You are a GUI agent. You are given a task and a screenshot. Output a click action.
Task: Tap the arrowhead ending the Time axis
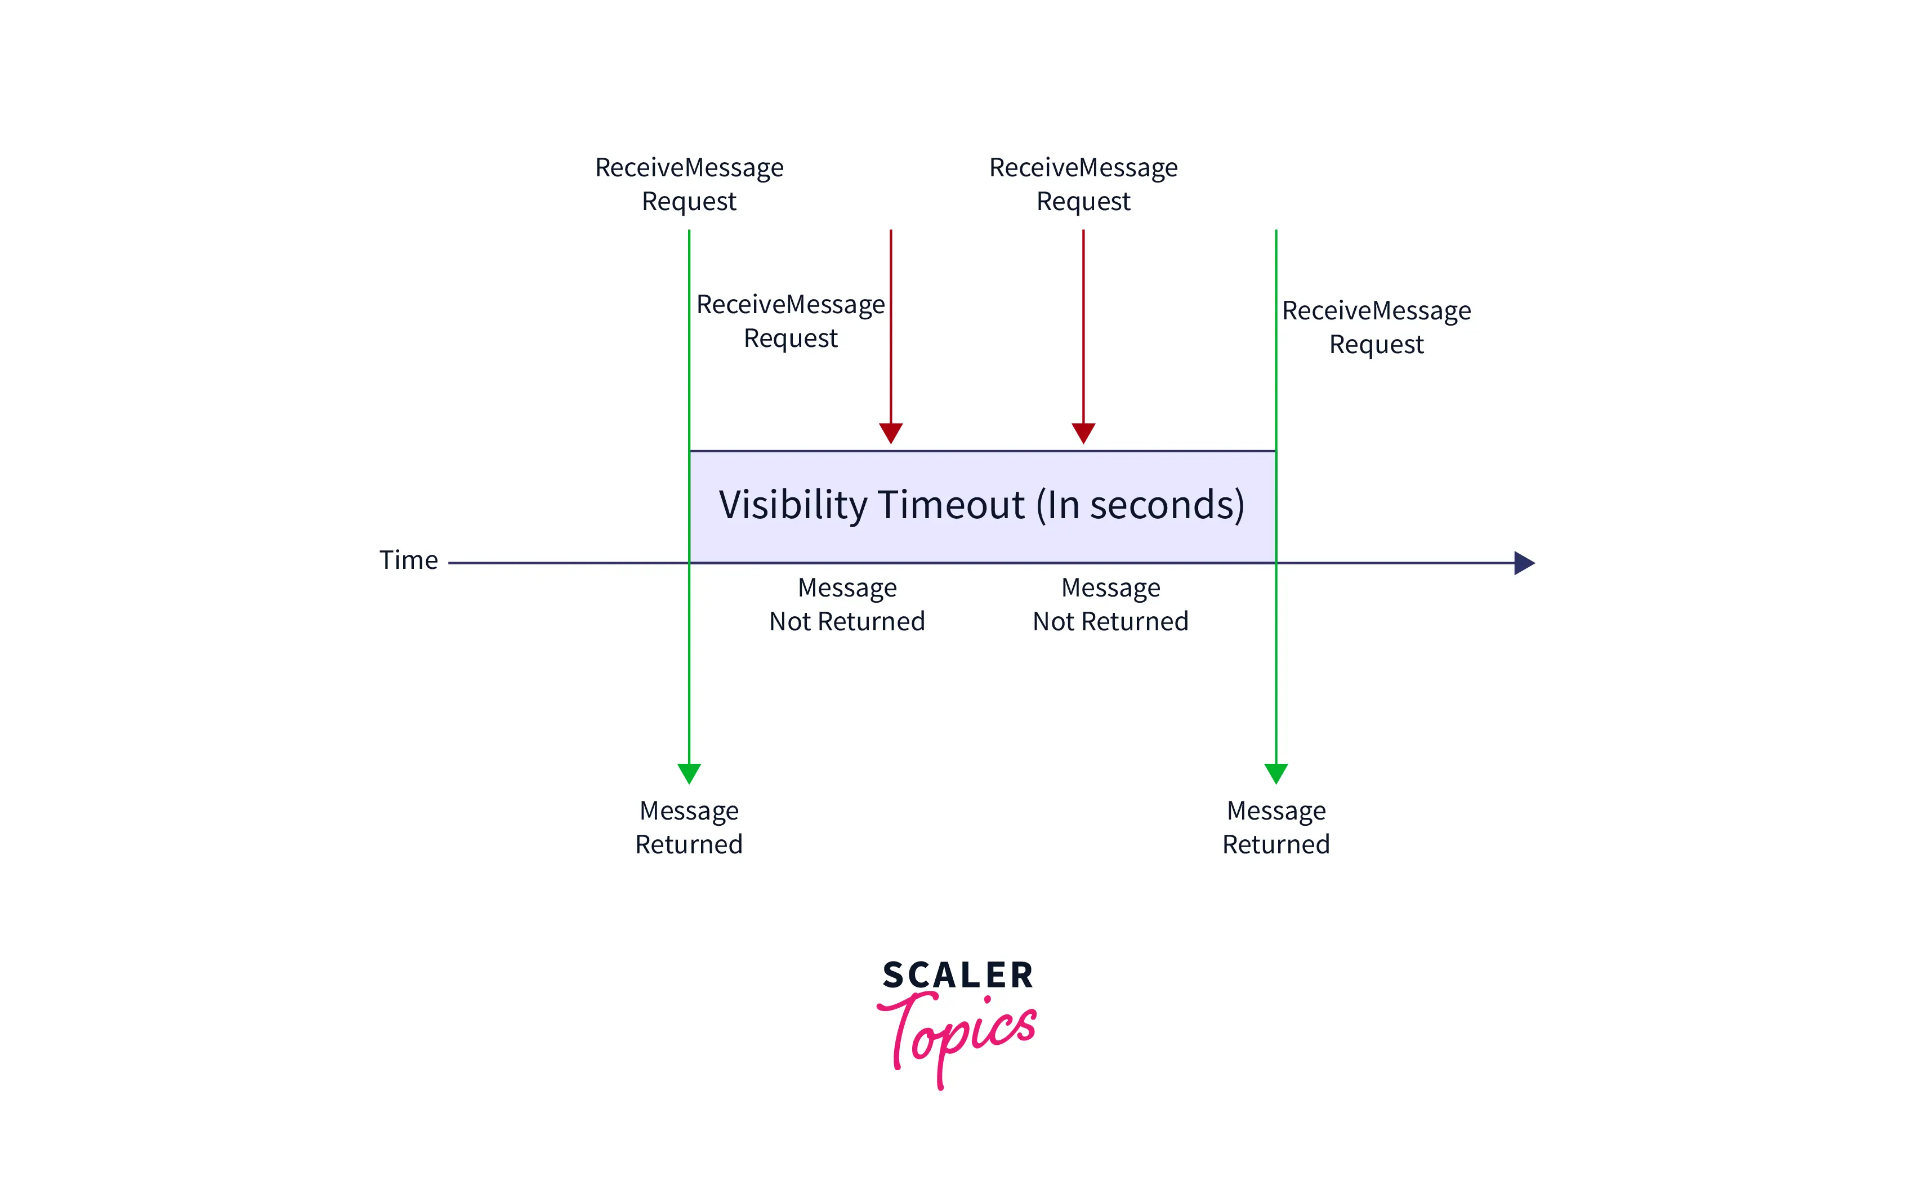point(1524,563)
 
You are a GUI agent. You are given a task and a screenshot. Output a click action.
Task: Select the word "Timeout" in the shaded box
point(950,505)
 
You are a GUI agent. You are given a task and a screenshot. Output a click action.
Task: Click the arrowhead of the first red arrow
point(890,433)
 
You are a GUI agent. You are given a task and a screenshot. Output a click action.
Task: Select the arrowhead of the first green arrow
point(689,772)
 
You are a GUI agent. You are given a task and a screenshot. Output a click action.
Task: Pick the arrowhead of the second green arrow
point(1275,772)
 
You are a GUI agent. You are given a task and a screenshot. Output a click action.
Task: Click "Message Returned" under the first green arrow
point(689,827)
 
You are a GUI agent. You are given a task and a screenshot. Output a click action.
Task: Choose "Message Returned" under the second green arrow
point(1275,827)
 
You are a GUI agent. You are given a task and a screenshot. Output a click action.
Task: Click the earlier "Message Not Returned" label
point(847,604)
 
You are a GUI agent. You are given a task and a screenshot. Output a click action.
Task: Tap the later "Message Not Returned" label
point(1110,604)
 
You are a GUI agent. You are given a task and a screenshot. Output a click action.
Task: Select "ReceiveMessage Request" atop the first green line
point(689,184)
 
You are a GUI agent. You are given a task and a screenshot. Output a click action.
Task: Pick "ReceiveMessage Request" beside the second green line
point(1376,327)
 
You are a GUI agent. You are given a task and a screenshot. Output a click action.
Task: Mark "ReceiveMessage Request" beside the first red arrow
point(791,320)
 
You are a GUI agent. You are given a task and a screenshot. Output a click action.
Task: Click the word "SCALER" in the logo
point(957,975)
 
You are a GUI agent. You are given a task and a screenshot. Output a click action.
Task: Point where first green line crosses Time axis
point(689,563)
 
